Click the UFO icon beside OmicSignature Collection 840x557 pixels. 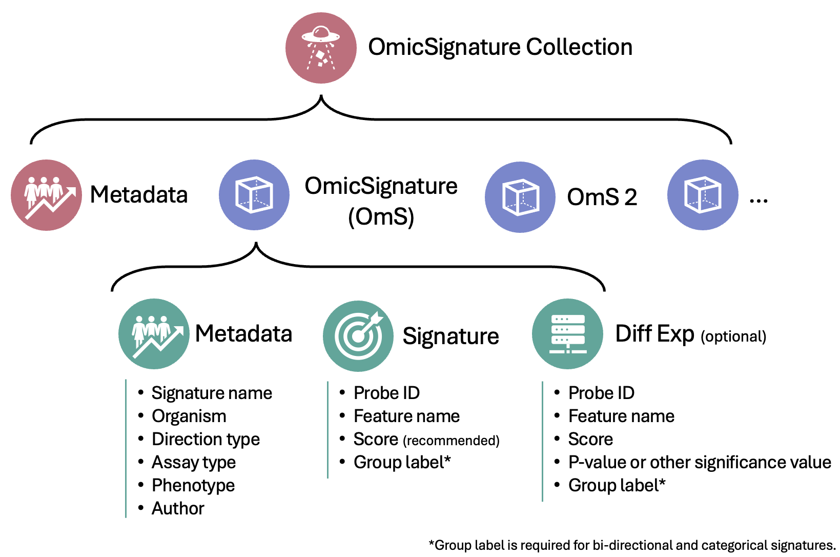[x=321, y=48]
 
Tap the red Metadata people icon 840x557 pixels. [x=46, y=195]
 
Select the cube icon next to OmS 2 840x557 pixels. [x=520, y=197]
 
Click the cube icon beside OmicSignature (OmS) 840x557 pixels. [x=254, y=195]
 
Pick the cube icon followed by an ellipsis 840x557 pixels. [x=703, y=195]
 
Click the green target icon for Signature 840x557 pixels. [x=358, y=336]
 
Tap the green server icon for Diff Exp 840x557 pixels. [x=567, y=334]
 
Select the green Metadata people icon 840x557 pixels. [x=154, y=334]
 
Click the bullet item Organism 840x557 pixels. [x=189, y=416]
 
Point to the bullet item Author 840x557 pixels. [x=178, y=508]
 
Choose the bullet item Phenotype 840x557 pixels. [x=193, y=485]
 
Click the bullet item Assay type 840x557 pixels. [x=194, y=462]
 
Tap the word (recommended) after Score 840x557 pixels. [x=451, y=441]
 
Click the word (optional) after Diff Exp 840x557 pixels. [x=733, y=336]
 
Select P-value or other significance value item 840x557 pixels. [x=700, y=462]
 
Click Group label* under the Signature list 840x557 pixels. [x=402, y=462]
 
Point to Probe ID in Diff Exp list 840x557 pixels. [x=601, y=393]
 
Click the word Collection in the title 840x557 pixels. [x=579, y=47]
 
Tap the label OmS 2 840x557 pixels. [x=602, y=197]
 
